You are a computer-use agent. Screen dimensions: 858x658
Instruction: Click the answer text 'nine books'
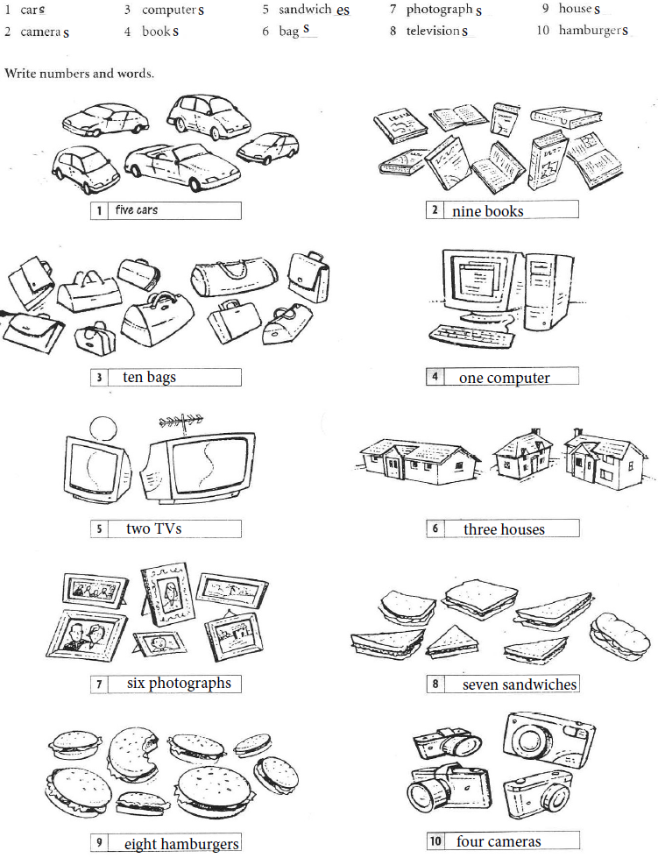(x=487, y=211)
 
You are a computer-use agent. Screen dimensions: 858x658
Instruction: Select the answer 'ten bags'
(x=149, y=378)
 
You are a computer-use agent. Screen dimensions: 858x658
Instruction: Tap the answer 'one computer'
(x=504, y=379)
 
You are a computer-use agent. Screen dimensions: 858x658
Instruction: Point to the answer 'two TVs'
(x=154, y=529)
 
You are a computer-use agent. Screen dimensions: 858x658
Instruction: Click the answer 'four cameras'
(x=499, y=842)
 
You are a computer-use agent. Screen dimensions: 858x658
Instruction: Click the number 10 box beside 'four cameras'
(x=435, y=842)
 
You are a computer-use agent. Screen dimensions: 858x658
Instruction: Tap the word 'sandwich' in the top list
(x=305, y=11)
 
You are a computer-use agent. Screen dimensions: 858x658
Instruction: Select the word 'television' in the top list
(x=433, y=32)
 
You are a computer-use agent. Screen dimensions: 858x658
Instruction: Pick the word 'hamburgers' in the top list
(x=593, y=32)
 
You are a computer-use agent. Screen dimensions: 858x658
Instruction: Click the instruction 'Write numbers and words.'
(x=80, y=73)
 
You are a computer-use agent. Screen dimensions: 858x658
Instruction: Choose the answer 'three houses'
(x=504, y=529)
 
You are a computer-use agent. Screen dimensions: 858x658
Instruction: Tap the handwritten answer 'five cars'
(x=136, y=211)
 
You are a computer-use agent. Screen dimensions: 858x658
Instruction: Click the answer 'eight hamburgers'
(x=181, y=845)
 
